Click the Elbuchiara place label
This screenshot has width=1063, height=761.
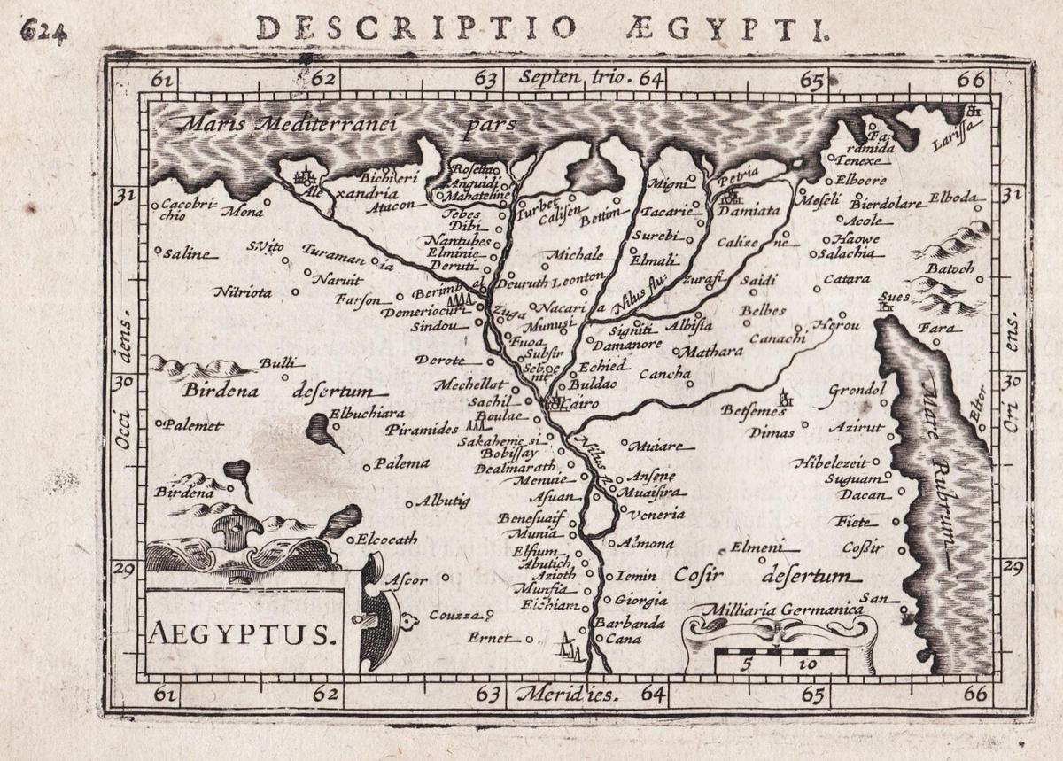coord(367,413)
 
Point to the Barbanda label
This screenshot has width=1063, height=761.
coord(629,623)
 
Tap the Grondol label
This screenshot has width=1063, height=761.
coord(857,390)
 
